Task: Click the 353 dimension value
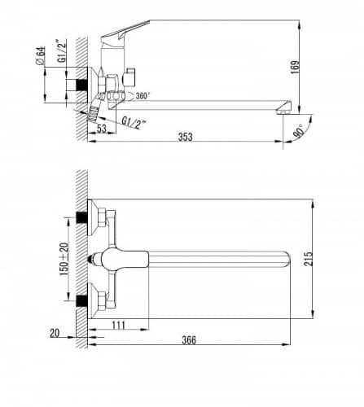pyautogui.click(x=185, y=137)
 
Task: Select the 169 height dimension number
pyautogui.click(x=295, y=67)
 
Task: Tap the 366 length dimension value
pyautogui.click(x=189, y=339)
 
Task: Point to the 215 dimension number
pyautogui.click(x=308, y=259)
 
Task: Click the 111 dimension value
pyautogui.click(x=118, y=325)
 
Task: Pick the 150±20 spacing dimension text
pyautogui.click(x=64, y=259)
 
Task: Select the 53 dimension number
pyautogui.click(x=102, y=129)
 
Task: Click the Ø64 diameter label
pyautogui.click(x=40, y=55)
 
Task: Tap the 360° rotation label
pyautogui.click(x=143, y=96)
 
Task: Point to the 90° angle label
pyautogui.click(x=298, y=131)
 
